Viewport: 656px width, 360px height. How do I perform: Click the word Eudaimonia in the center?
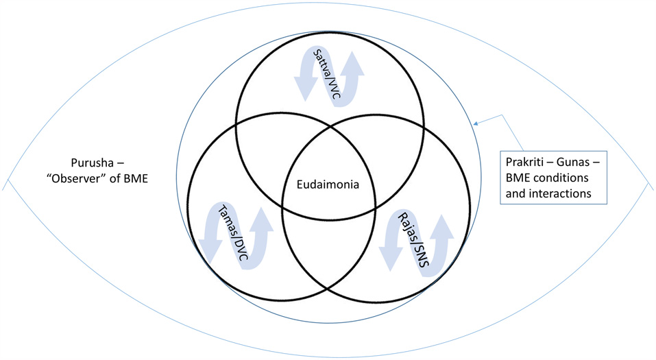(x=328, y=184)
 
